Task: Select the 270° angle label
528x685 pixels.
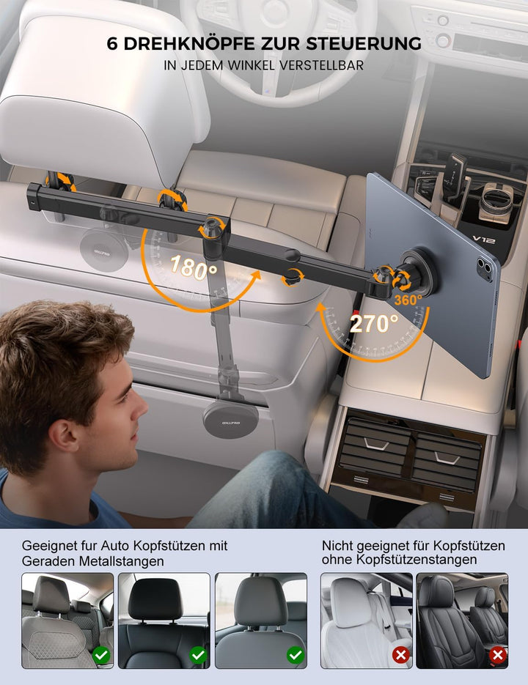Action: click(374, 323)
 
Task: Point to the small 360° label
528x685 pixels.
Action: click(408, 300)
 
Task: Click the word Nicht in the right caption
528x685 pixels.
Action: click(337, 546)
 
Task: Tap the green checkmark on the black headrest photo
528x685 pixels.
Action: click(198, 655)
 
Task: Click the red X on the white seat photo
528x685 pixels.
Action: click(400, 655)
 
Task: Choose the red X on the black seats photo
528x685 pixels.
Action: click(498, 655)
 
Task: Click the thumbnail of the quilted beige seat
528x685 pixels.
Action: click(67, 620)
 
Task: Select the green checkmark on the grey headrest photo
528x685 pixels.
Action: click(295, 655)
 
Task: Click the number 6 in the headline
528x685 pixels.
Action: click(112, 42)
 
